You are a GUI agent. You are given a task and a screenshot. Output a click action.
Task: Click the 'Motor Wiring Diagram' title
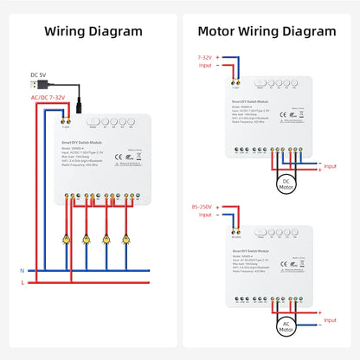[x=267, y=31]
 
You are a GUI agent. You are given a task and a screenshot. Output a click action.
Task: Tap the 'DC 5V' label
[x=39, y=74]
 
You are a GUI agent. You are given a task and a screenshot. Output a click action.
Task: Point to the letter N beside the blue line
[x=22, y=270]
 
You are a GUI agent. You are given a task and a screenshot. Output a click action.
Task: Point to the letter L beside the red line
[x=22, y=283]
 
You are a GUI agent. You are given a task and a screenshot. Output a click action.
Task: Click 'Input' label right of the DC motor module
[x=329, y=164]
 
